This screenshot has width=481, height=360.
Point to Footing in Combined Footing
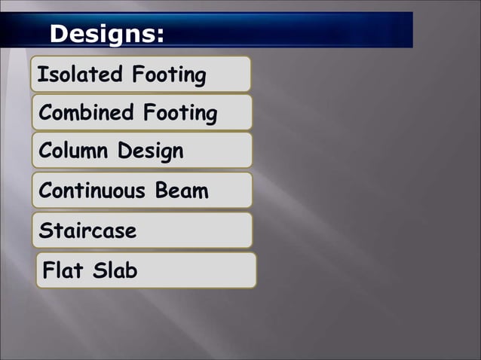180,114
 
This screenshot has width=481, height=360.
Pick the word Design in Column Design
150,152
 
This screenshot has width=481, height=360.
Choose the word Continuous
92,191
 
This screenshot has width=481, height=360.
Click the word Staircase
88,230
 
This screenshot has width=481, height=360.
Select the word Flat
65,270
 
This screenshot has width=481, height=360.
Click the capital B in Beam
162,191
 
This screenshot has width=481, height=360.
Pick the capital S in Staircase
45,230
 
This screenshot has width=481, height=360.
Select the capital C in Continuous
45,191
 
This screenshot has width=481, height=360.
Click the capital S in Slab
100,270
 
